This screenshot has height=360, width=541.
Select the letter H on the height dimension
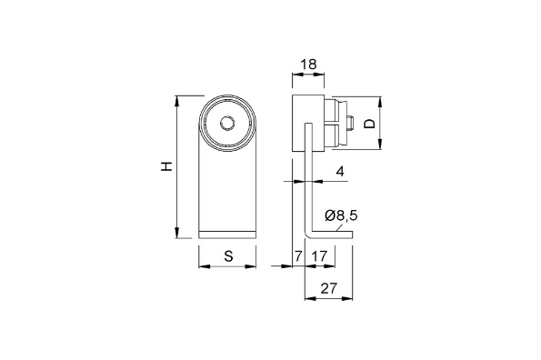click(165, 166)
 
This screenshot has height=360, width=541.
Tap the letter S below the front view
click(228, 256)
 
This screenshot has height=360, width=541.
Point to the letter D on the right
click(369, 123)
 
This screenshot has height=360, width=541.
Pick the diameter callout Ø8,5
click(340, 215)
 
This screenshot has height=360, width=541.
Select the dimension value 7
click(298, 256)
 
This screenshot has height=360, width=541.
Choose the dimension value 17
click(319, 256)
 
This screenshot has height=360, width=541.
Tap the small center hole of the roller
click(228, 123)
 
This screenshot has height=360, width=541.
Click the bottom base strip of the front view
click(228, 235)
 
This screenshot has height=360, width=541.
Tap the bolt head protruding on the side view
click(349, 122)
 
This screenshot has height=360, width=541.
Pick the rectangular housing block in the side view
click(308, 123)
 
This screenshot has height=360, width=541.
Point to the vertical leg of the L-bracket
click(306, 191)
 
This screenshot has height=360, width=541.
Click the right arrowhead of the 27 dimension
click(349, 300)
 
